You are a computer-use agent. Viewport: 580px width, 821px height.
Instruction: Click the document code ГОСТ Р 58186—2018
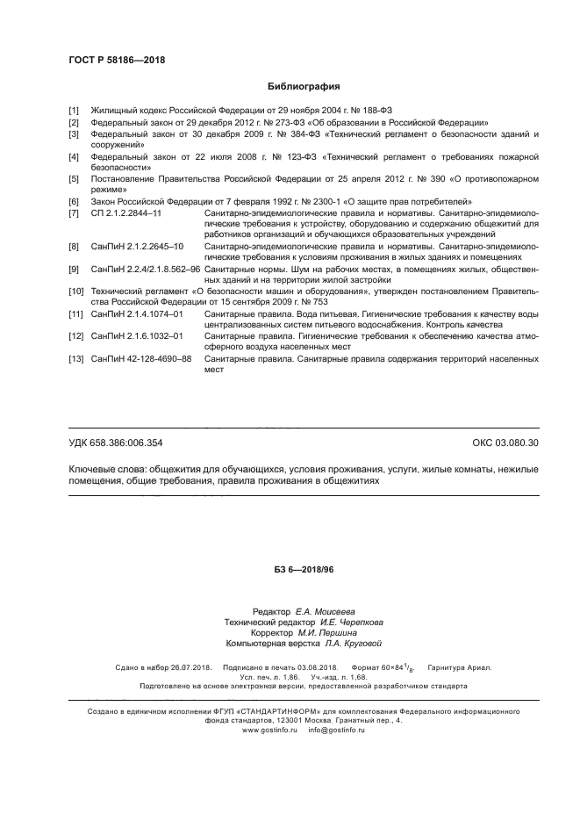coord(117,61)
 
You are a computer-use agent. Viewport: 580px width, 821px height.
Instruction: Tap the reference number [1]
coord(74,111)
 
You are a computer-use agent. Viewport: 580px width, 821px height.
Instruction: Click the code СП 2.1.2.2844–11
coord(126,213)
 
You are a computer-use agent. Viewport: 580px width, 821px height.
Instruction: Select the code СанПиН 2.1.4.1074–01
coord(137,313)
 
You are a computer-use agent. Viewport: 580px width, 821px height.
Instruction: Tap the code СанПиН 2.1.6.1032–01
coord(137,336)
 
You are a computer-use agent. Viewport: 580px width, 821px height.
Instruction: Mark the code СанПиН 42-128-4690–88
coord(141,359)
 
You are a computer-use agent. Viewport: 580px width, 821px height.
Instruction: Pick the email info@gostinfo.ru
coord(336,730)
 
